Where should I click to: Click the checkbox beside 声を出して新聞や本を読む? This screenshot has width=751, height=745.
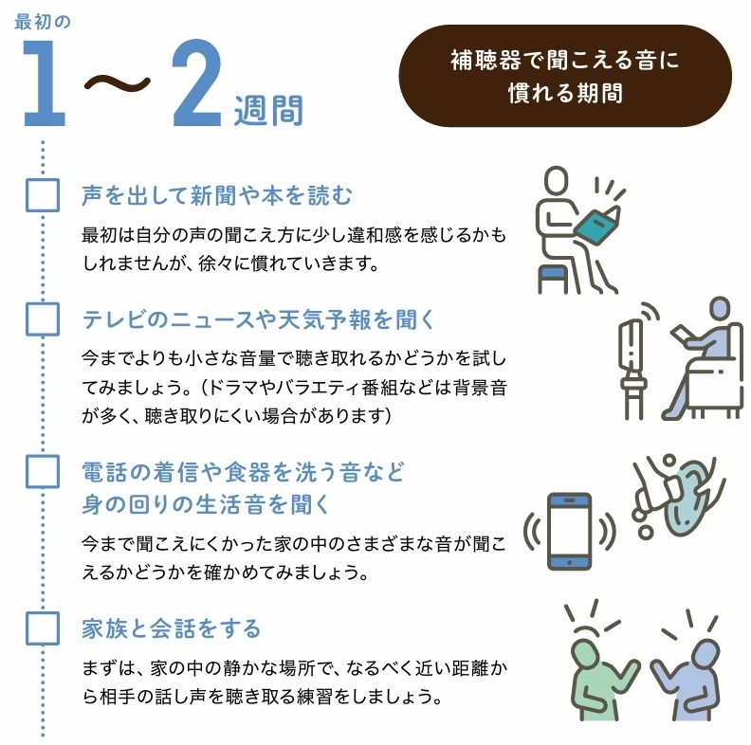[43, 195]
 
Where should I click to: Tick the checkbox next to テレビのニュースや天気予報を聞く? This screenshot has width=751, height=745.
[43, 318]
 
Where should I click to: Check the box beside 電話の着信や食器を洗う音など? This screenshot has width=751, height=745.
[43, 472]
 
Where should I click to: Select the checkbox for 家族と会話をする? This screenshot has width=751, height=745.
[43, 628]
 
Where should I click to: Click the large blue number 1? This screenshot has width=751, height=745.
[44, 83]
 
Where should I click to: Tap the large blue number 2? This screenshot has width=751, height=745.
[196, 82]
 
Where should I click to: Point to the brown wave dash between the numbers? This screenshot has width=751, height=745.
[118, 83]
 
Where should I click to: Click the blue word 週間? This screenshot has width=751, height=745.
[268, 110]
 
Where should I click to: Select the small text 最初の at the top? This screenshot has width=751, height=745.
[43, 22]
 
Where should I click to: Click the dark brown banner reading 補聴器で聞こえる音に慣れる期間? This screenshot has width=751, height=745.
[565, 76]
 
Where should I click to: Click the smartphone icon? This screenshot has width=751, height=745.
[569, 531]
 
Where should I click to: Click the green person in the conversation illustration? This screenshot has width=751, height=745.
[598, 680]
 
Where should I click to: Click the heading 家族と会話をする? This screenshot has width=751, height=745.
[171, 628]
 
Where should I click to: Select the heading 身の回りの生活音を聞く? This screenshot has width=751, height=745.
[206, 503]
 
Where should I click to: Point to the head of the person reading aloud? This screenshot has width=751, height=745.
[556, 181]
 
